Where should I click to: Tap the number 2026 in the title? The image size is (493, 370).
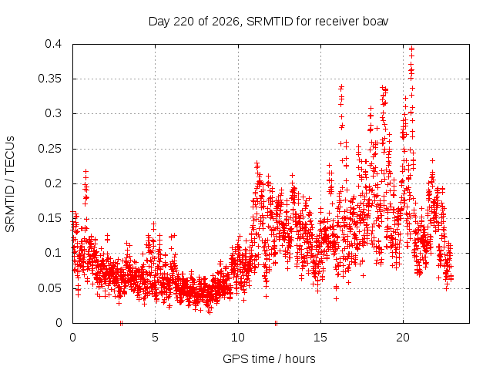pos(226,22)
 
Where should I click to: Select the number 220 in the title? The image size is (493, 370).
pos(183,22)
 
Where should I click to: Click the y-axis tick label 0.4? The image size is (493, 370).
pos(53,44)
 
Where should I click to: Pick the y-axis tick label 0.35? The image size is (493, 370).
pos(49,79)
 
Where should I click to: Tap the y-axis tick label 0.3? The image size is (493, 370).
pos(53,113)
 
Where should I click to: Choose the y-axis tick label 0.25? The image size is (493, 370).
pos(49,149)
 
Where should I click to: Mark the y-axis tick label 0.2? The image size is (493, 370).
pos(53,183)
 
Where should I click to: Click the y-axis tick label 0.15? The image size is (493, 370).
pos(49,218)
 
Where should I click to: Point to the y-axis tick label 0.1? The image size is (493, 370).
pos(53,253)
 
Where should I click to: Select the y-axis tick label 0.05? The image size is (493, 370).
pos(49,288)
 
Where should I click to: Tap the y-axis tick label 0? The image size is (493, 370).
pos(59,322)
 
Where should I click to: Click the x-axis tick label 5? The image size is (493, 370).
pos(155,338)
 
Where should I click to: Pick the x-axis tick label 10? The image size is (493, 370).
pos(238,338)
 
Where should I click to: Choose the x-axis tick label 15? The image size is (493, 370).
pos(320,338)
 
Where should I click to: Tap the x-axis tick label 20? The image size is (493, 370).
pos(403,338)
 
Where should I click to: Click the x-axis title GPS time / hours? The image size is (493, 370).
pos(269,358)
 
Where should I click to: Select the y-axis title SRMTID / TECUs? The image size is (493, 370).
pos(10,184)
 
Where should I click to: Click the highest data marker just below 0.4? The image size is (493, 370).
pos(411,49)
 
